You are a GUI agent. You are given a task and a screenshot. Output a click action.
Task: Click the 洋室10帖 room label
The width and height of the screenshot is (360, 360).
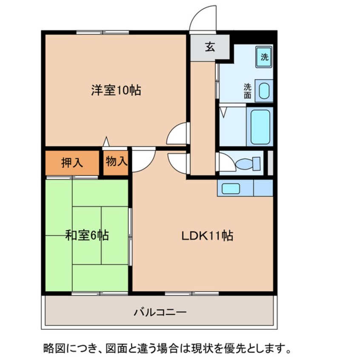click(116, 90)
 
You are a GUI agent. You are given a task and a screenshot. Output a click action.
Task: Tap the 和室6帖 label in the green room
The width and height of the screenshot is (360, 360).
click(87, 235)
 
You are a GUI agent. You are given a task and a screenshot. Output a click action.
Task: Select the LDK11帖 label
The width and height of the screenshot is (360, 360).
click(207, 236)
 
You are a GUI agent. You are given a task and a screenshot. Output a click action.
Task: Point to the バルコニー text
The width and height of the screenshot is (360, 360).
click(160, 312)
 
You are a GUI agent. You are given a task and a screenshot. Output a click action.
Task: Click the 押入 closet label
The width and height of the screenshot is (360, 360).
click(72, 163)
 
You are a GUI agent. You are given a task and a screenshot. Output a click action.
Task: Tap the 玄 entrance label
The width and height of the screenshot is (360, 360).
click(210, 47)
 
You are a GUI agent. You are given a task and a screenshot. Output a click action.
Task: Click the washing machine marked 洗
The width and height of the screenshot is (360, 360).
click(264, 57)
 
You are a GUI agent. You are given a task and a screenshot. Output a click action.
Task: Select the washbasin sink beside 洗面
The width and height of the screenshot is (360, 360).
click(264, 91)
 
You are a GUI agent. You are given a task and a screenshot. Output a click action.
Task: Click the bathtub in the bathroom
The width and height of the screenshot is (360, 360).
click(260, 127)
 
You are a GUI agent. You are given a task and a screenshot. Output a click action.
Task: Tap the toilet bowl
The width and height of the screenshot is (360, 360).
click(248, 164)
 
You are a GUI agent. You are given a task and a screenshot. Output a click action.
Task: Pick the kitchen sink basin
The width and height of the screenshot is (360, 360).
click(231, 189)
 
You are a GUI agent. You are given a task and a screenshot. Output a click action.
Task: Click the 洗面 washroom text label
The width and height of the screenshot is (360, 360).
click(248, 91)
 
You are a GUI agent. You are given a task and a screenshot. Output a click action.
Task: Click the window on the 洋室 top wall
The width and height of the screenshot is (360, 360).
click(103, 32)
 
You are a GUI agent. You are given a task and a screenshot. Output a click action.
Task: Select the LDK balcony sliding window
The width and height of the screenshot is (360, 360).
click(192, 294)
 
